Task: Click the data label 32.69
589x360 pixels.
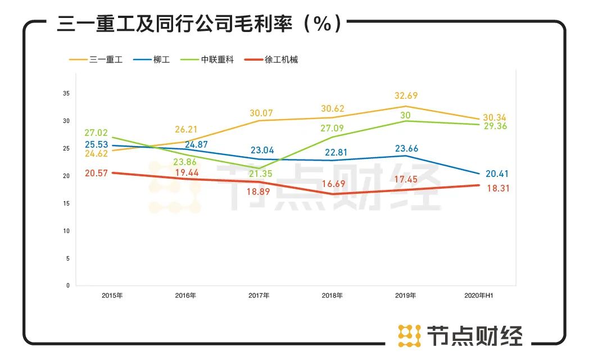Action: coord(406,96)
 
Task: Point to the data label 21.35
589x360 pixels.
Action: coord(260,174)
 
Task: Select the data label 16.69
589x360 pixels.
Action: coord(333,184)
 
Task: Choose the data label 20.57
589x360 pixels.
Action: coord(96,174)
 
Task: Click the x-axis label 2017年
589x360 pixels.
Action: coord(259,295)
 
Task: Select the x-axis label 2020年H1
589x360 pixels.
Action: coord(478,295)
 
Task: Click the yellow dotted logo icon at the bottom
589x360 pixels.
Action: coord(409,335)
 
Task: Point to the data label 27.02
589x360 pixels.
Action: coord(96,134)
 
